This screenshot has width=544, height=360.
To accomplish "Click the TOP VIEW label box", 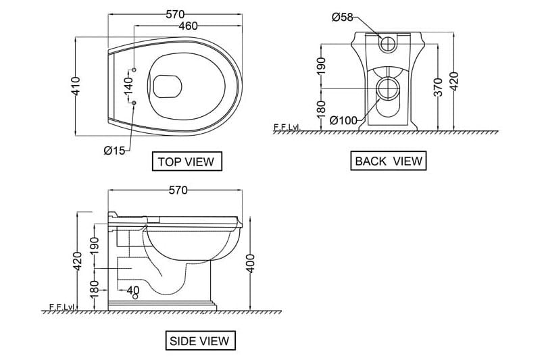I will pyautogui.click(x=185, y=161).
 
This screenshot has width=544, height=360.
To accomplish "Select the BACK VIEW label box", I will pyautogui.click(x=389, y=161).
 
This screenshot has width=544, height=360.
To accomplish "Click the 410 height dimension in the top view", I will pyautogui.click(x=76, y=85).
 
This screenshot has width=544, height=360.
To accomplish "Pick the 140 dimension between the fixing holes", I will pyautogui.click(x=127, y=85).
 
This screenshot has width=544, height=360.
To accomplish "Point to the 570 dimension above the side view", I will pyautogui.click(x=177, y=190).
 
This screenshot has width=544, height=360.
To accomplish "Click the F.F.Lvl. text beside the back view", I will pyautogui.click(x=287, y=126).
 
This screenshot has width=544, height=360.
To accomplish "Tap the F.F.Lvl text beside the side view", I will pyautogui.click(x=61, y=307).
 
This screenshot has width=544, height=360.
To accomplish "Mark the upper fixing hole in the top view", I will pyautogui.click(x=134, y=70).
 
